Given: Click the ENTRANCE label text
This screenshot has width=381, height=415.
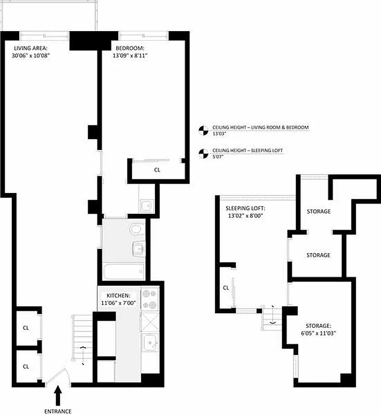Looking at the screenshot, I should pos(58,411).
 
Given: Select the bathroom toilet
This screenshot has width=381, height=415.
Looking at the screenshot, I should pos(136,228).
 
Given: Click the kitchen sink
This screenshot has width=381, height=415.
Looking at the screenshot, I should pos(150,343).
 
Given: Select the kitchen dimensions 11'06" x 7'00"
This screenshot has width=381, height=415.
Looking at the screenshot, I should pos(119,303).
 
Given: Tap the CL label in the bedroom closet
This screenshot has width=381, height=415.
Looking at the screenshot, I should pos(158,170).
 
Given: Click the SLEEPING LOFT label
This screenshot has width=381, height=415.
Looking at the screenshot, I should pos(245,208).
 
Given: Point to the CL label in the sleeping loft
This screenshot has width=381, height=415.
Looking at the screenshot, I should pos(226,288).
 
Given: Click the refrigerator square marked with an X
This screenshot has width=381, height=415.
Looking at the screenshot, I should pos(150,322).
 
